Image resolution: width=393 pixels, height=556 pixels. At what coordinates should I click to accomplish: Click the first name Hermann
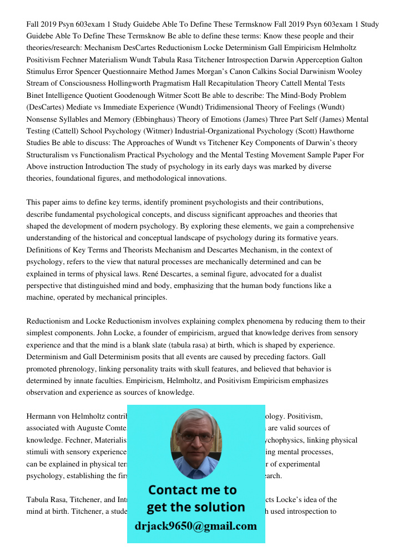(x=42, y=416)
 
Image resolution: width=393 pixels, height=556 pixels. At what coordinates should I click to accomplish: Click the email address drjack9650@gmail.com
(x=195, y=526)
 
